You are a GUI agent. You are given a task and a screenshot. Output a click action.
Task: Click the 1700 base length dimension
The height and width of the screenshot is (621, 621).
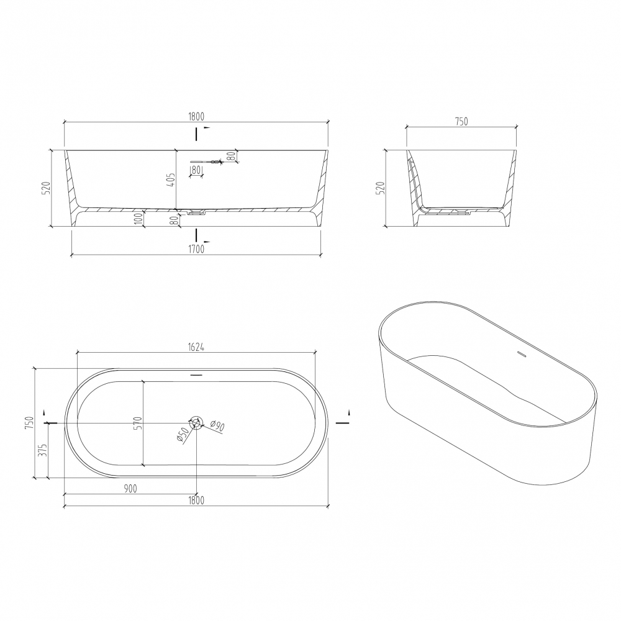[x=196, y=249]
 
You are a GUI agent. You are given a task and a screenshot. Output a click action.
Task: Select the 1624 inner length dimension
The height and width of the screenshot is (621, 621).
[x=196, y=347]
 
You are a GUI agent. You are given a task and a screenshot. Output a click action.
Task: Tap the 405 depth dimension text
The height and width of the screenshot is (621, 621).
[x=171, y=181]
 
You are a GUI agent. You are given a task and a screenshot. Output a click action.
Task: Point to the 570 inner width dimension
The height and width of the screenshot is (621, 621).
[x=137, y=423]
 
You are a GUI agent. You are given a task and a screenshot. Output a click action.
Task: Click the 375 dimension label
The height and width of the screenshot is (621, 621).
[x=44, y=450]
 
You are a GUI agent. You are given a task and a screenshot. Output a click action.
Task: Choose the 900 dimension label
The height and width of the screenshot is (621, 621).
[x=130, y=489]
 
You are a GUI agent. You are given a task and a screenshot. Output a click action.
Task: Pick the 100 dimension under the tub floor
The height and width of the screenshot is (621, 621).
[x=138, y=219]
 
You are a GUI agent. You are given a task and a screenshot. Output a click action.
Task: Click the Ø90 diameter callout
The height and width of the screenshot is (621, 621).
[x=217, y=426]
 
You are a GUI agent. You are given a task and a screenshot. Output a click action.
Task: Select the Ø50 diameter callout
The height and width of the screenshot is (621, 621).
[x=181, y=436]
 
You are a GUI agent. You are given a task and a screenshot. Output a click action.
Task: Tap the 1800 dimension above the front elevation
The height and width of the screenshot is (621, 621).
[x=196, y=117]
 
